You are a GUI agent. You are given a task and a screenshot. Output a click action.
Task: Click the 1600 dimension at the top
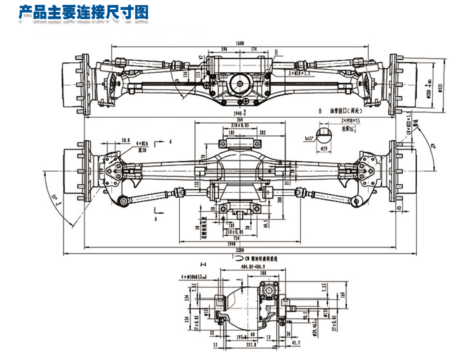(x=240, y=43)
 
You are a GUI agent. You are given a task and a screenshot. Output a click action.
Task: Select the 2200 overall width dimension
(x=240, y=251)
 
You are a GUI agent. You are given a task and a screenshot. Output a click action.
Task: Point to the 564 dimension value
(x=240, y=119)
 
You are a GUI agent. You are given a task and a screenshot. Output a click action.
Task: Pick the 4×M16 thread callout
(x=142, y=143)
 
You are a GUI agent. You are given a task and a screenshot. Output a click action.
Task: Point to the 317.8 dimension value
(x=252, y=344)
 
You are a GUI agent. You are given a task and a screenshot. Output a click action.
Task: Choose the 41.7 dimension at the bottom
(x=296, y=343)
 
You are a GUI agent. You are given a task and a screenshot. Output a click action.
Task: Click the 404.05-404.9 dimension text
(x=253, y=267)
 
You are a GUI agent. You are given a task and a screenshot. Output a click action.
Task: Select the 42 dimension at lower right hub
(x=399, y=208)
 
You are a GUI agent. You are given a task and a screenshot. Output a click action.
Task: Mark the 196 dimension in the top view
(x=224, y=49)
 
